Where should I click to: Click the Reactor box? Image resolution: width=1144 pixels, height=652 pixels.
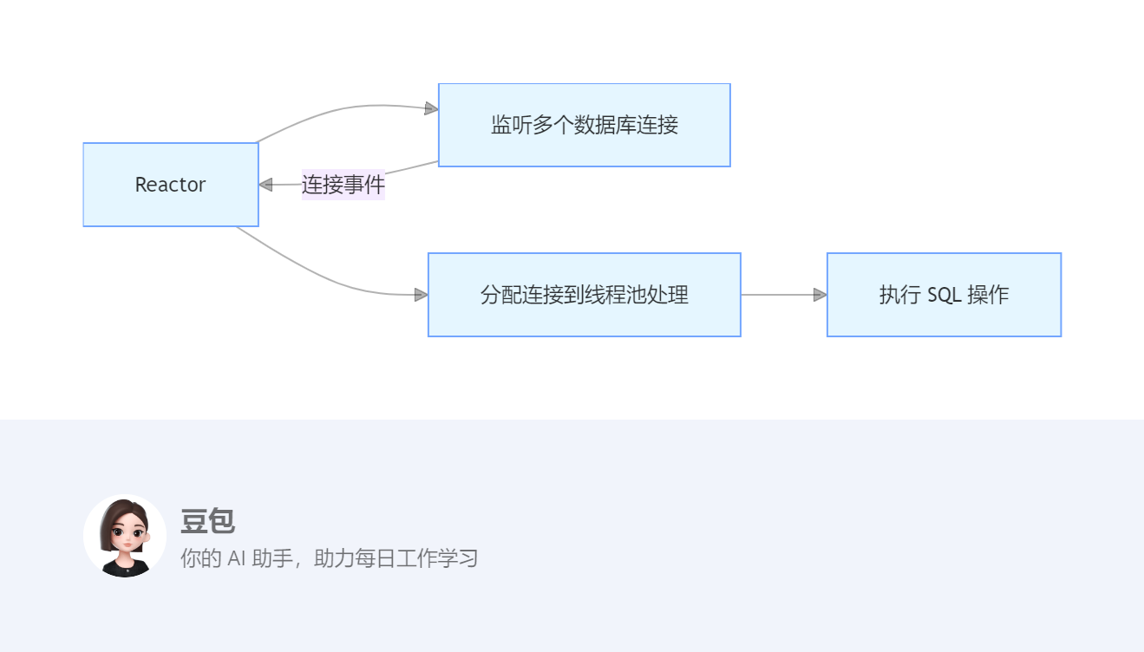coord(171,185)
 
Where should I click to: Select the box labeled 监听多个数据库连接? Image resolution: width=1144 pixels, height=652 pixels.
coord(584,125)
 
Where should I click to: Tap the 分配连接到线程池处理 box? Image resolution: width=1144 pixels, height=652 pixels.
coord(584,295)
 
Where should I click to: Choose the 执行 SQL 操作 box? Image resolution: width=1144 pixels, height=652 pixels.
coord(944,295)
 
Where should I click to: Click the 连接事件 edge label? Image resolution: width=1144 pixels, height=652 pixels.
coord(343,185)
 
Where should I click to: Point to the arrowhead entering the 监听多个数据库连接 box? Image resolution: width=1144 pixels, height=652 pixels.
coord(431,108)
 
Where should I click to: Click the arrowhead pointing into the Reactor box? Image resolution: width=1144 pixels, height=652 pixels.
coord(266,185)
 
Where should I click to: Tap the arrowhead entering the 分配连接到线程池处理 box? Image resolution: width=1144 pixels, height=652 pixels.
coord(422,295)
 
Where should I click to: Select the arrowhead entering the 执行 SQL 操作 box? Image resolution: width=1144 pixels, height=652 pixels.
coord(820,295)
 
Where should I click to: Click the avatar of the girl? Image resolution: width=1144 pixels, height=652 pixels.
coord(125,536)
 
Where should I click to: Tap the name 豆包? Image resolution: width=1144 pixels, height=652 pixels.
coord(207,521)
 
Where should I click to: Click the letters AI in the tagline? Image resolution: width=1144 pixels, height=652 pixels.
coord(237,558)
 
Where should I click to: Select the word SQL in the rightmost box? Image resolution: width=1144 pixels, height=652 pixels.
coord(944,295)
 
